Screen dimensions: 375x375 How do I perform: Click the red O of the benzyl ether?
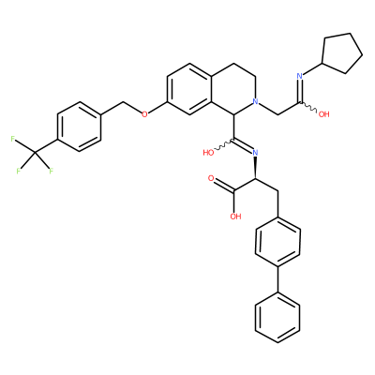[144, 114]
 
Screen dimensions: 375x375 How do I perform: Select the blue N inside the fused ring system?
[256, 101]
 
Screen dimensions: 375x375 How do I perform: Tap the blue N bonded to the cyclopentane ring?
[299, 76]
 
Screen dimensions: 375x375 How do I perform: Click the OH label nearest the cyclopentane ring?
[323, 114]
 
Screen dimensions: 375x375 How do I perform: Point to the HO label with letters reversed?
[208, 153]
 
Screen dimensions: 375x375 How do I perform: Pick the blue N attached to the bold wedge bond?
[255, 153]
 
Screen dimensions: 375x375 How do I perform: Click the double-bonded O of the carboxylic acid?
[211, 179]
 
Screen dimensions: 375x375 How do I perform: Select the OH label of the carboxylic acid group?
[236, 216]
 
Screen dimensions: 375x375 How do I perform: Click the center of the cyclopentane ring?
[341, 53]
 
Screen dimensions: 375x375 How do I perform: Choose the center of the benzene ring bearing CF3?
[79, 127]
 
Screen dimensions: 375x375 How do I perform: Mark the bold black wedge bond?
[256, 168]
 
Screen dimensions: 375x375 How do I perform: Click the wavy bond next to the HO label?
[223, 145]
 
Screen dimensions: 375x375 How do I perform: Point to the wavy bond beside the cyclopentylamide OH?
[309, 106]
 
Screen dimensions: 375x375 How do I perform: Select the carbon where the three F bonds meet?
[35, 153]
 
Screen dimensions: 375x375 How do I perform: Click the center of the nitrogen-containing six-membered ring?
[233, 89]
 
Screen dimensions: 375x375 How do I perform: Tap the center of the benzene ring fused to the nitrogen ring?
[189, 89]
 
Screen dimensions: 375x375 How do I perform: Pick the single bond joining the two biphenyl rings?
[277, 278]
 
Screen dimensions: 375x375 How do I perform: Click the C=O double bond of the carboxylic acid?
[223, 185]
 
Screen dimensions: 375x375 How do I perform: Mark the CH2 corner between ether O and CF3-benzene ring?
[123, 102]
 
